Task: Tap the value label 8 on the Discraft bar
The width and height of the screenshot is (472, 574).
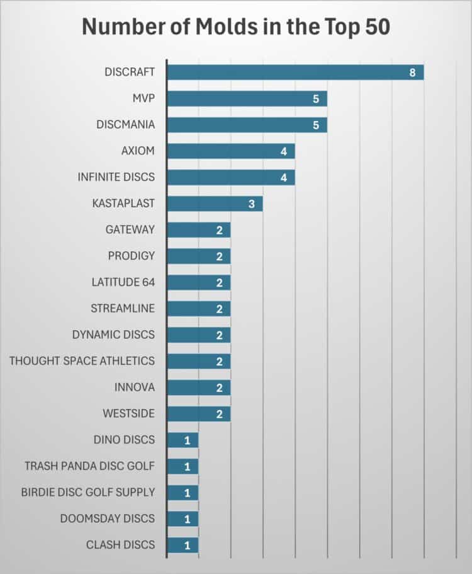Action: [412, 72]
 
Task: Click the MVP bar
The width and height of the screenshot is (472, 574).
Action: [247, 98]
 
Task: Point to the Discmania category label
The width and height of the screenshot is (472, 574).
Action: [125, 125]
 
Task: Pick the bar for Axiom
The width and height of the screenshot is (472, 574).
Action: [230, 151]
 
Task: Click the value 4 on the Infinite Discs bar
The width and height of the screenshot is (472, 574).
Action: [284, 178]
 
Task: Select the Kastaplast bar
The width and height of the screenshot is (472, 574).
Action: [214, 204]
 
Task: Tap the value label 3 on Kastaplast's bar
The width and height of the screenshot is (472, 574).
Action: [251, 204]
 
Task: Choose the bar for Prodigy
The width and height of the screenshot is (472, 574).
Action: [198, 256]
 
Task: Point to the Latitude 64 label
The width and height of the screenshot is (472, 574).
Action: [123, 282]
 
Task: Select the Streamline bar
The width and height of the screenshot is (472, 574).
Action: [198, 309]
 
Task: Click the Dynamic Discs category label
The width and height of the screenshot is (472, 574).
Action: [113, 335]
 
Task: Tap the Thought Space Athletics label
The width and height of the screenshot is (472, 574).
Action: [82, 361]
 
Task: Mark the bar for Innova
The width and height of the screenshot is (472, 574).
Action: [198, 387]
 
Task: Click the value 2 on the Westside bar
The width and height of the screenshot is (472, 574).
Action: [219, 414]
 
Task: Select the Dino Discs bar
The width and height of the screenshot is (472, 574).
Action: [183, 440]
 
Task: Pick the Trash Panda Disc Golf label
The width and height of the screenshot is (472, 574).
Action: [89, 466]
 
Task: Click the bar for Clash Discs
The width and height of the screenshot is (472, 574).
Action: [183, 545]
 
